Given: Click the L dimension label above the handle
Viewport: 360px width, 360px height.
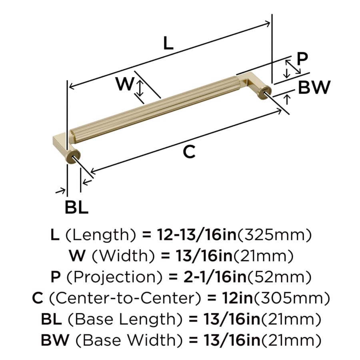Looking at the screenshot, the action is click(x=168, y=43).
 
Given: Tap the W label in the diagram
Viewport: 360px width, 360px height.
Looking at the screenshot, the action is click(x=125, y=84).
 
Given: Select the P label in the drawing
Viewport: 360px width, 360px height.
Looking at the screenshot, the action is click(x=302, y=59).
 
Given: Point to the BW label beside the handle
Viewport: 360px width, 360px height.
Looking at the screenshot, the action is click(x=314, y=87).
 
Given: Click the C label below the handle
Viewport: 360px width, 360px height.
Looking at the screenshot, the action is click(x=190, y=152).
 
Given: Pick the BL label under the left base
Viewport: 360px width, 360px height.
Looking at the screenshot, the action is click(x=76, y=207).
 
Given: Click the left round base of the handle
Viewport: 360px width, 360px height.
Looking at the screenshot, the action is click(x=73, y=157).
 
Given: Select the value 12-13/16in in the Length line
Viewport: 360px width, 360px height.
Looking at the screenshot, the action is click(x=197, y=235).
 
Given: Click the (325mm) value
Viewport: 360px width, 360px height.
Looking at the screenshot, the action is click(x=274, y=235).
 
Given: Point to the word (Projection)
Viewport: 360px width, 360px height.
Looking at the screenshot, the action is click(x=114, y=277).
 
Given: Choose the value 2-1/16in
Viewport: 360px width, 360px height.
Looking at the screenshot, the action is click(x=215, y=277).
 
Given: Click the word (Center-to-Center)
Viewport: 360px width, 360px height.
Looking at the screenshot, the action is click(x=125, y=298).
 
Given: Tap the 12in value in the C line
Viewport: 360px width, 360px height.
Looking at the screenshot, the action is click(x=237, y=298).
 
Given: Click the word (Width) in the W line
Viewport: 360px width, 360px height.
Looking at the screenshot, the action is click(x=123, y=256).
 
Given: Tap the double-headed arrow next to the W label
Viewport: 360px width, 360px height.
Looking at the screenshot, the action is click(x=140, y=88).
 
